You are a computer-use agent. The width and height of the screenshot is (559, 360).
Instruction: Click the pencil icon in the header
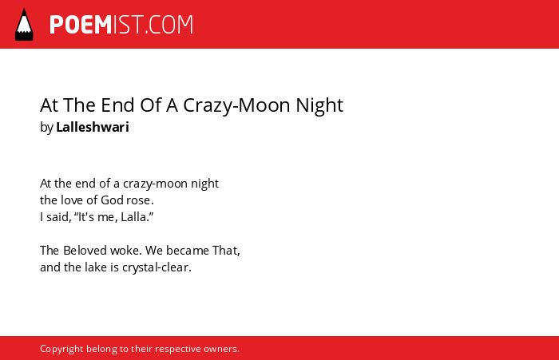[24, 24]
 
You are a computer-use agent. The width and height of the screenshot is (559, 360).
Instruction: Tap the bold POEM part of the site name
[81, 25]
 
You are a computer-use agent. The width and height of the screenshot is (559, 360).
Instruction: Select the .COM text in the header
[169, 25]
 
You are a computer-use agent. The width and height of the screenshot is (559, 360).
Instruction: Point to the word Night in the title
[319, 105]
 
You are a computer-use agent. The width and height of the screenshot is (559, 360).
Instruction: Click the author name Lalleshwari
[93, 127]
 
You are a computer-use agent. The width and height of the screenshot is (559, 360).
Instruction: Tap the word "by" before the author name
[46, 128]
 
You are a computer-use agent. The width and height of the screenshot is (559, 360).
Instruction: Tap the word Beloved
[85, 250]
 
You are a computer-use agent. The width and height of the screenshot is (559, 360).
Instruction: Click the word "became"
[188, 250]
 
